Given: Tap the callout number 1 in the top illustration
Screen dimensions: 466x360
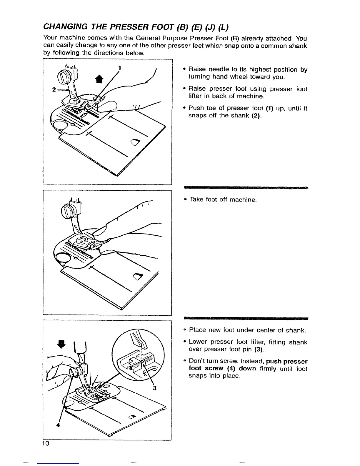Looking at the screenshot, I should click(120, 68).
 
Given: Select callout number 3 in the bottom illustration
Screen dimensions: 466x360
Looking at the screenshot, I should click(155, 388).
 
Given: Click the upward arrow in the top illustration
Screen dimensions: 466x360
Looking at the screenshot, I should click(99, 79).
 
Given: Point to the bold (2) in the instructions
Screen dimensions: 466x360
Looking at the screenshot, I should click(256, 116).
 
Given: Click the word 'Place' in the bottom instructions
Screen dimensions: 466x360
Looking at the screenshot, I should click(197, 330).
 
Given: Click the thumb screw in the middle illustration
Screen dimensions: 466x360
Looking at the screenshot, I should click(67, 212).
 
